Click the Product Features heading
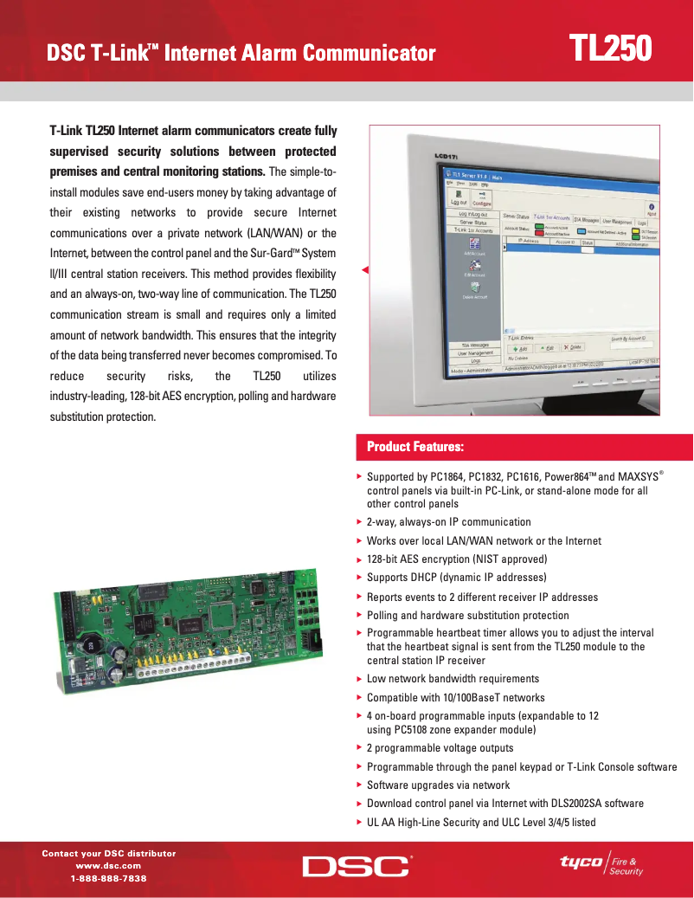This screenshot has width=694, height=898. tap(415, 447)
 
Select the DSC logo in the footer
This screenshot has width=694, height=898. tap(356, 866)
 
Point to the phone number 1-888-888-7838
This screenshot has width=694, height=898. tap(109, 878)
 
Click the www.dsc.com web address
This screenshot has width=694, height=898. tap(109, 866)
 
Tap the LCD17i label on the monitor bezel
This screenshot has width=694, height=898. tap(445, 157)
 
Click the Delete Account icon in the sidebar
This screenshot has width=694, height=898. tap(475, 289)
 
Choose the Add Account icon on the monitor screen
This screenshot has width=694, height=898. tap(475, 246)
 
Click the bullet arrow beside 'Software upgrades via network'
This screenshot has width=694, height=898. tap(359, 785)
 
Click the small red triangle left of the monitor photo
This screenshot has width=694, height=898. tap(365, 271)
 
